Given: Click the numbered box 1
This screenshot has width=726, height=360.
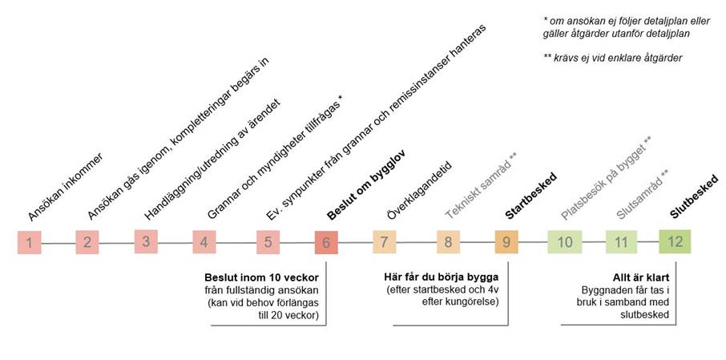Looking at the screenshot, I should (x=29, y=242).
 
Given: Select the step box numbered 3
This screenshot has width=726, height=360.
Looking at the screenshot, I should (x=146, y=241).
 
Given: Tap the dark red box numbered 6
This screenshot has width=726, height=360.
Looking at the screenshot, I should (x=326, y=241).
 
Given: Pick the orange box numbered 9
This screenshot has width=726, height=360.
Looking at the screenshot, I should (x=506, y=241).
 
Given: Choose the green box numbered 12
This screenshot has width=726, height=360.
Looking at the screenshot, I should (x=676, y=241).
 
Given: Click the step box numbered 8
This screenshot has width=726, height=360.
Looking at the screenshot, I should (x=448, y=241).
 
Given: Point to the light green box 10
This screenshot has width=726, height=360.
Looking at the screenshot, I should (x=563, y=241).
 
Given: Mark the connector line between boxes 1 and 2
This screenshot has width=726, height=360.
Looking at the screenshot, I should (x=58, y=242).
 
